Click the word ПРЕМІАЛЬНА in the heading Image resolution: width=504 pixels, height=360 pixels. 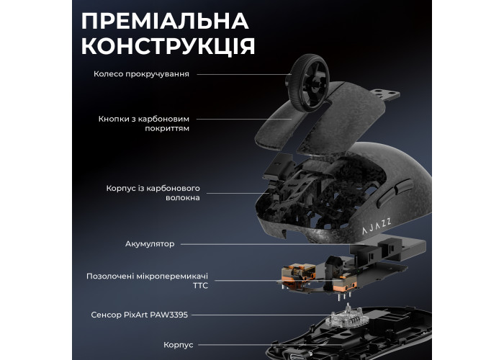pos(165,21)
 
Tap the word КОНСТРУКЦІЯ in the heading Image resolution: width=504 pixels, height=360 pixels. pos(168,46)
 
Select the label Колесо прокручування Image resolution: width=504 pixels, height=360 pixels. pos(141,74)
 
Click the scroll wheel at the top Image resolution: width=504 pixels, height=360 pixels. pos(308,83)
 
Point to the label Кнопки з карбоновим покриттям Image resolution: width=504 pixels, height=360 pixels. pos(144,124)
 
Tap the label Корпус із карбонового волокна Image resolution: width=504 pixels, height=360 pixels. pos(153,193)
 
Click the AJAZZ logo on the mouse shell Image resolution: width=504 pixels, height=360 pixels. pos(377,226)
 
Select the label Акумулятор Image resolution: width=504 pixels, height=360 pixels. pos(150,244)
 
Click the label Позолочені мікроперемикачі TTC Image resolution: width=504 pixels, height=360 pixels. pos(147,281)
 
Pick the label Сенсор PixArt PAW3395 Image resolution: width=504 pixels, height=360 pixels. pos(139,315)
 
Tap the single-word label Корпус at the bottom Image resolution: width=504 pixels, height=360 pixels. pos(179,345)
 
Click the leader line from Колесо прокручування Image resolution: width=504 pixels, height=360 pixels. pos(244,75)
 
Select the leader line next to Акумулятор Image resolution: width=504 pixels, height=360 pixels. pos(265,244)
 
